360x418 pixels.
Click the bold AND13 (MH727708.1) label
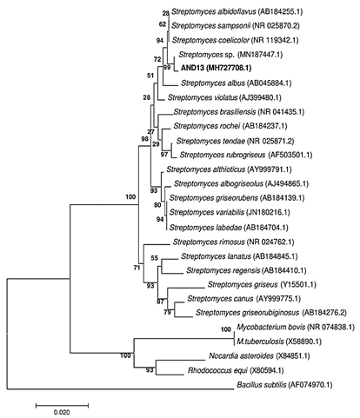click(x=216, y=68)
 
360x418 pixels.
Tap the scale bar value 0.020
click(x=62, y=412)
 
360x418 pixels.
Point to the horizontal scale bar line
click(x=62, y=405)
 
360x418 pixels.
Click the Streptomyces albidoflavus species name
click(x=214, y=11)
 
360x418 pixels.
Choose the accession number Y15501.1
click(x=298, y=284)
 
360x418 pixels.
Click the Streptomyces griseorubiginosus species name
click(x=247, y=313)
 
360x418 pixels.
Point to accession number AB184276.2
click(x=324, y=313)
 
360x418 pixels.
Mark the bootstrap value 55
click(x=154, y=257)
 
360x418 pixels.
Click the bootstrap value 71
click(x=137, y=268)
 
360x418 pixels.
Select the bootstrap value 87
click(x=160, y=302)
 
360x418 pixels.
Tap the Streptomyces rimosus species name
click(x=209, y=242)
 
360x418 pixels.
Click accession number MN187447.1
click(x=260, y=55)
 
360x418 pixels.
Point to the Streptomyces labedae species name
click(x=205, y=228)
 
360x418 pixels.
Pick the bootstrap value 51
click(x=150, y=76)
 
